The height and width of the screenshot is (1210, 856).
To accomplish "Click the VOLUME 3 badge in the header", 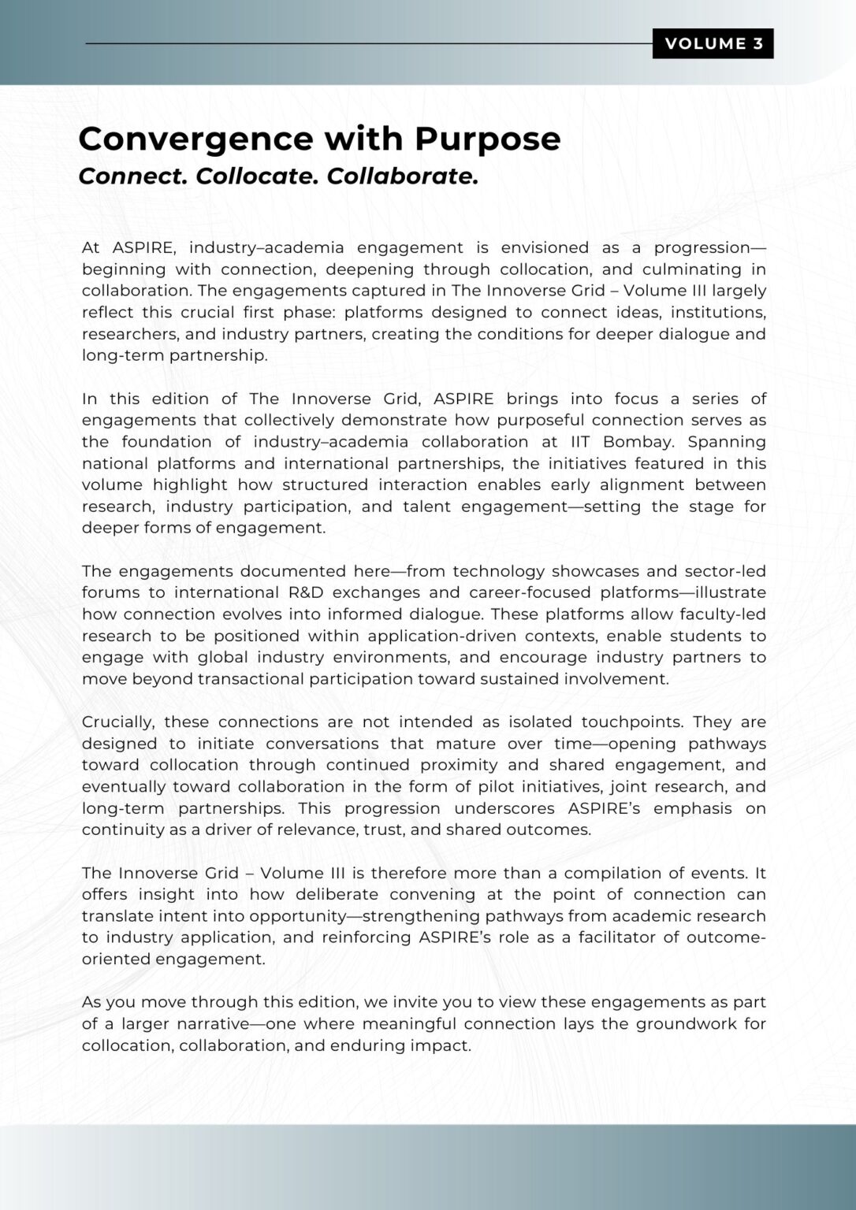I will [x=713, y=44].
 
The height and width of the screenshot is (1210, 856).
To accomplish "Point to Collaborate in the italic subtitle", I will [x=402, y=176].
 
